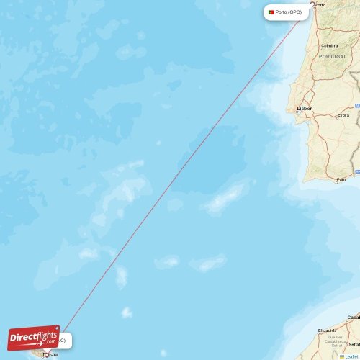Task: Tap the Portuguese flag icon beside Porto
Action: tap(271, 12)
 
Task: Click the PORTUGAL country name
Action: tap(333, 56)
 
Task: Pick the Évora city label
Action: tap(343, 115)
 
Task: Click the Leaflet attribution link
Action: tap(351, 356)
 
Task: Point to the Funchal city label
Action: tap(51, 354)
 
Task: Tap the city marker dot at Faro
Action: tap(336, 180)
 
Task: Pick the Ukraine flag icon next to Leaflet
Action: tap(342, 356)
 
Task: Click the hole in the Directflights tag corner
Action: tap(56, 328)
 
